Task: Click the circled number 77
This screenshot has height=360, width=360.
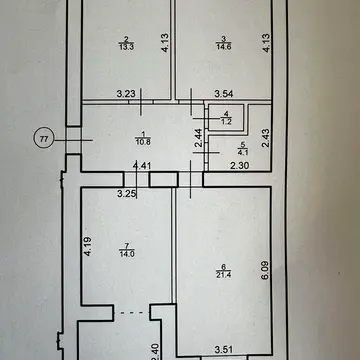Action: coord(44,139)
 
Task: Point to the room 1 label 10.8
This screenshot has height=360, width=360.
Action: coord(143,140)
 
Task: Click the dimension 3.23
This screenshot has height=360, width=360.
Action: coord(126,94)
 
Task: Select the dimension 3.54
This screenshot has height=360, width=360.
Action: coord(224,94)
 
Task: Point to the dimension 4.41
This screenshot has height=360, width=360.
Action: coord(142,165)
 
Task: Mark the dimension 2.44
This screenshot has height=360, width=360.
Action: coord(199,138)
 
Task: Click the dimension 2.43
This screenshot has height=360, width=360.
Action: coord(266,138)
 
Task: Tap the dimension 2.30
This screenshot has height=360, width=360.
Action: coord(240,165)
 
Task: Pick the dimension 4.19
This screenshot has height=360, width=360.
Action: coord(88,246)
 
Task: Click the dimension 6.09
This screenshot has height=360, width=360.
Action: coord(266,270)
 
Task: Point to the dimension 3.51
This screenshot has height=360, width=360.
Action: coord(224,350)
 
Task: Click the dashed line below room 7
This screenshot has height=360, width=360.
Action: coord(132,313)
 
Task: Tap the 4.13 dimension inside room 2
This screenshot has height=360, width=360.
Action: coord(166,42)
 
